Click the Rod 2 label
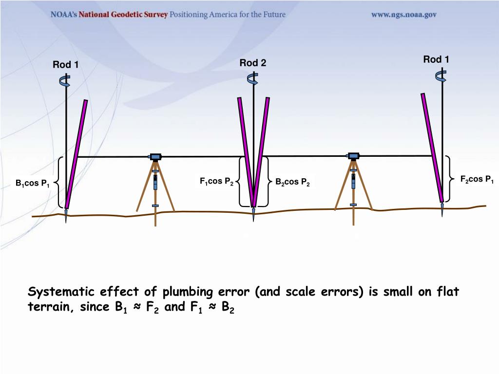click(x=253, y=63)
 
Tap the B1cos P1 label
click(x=32, y=184)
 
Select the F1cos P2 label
click(x=216, y=182)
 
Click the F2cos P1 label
click(x=477, y=179)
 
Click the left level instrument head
click(x=155, y=156)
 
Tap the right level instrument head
click(x=353, y=156)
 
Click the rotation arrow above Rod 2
click(x=253, y=78)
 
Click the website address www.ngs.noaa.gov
click(x=404, y=15)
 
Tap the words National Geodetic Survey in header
click(x=123, y=15)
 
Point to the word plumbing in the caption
click(x=188, y=292)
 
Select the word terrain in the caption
click(x=48, y=307)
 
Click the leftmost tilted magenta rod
click(x=77, y=153)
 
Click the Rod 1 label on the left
click(x=66, y=65)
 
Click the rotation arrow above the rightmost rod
click(x=441, y=75)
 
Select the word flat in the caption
click(x=448, y=292)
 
